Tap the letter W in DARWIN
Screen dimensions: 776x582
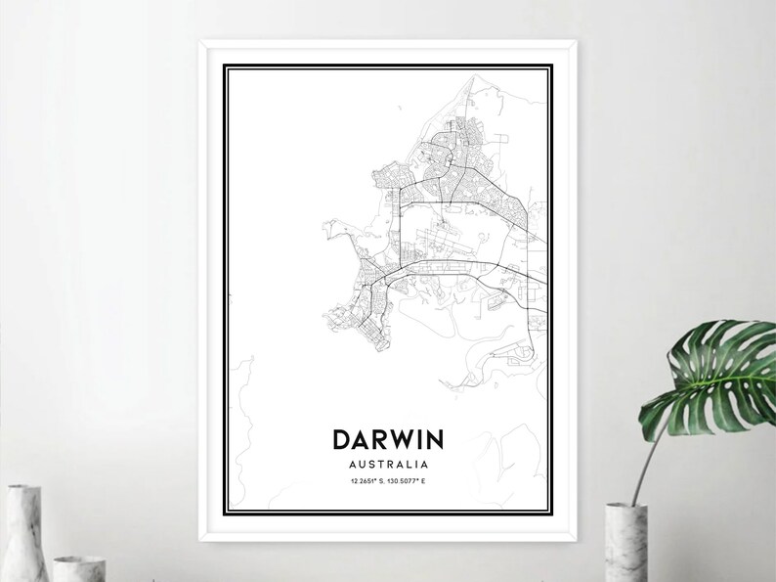coord(403,438)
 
